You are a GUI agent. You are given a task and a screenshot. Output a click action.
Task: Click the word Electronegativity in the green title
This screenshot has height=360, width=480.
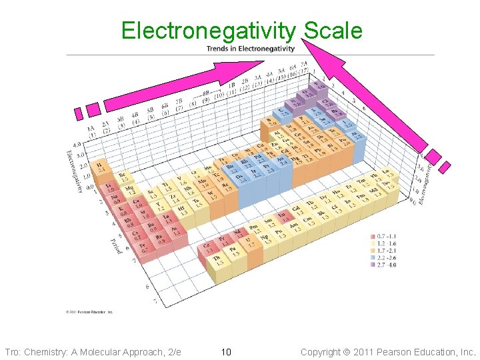[x=208, y=31]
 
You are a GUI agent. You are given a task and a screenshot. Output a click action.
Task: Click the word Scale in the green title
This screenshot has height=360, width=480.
[x=333, y=31]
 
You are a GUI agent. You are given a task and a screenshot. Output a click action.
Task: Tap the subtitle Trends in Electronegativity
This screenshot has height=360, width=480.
[x=250, y=49]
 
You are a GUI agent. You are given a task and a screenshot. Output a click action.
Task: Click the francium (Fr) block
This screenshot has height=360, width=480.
[x=141, y=247]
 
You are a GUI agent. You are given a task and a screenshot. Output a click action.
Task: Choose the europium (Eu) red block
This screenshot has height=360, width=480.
[x=285, y=215]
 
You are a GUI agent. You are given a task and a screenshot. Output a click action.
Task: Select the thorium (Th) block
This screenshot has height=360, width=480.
[x=217, y=259]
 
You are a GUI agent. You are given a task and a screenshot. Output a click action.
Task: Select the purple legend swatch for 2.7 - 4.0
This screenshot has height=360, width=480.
[x=373, y=265]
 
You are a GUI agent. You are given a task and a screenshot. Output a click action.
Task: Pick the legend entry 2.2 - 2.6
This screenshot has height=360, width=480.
[x=386, y=257]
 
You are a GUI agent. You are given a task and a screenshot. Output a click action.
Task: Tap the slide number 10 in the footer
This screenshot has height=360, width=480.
[x=225, y=351]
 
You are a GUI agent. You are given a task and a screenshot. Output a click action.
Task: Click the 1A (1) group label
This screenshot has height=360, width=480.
[x=91, y=133]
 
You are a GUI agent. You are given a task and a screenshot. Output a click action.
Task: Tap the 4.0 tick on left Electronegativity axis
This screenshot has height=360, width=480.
[x=76, y=143]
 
